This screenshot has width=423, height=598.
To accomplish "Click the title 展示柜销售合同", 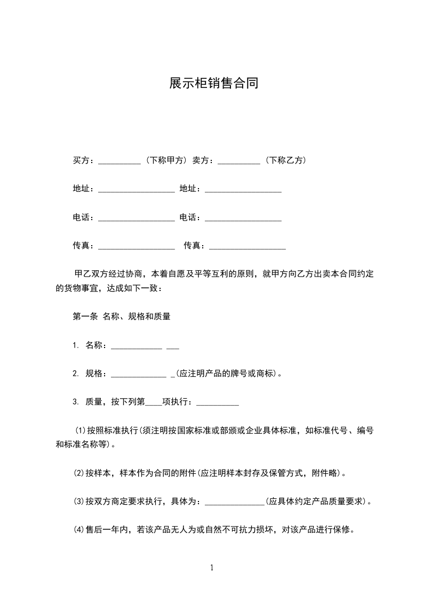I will [x=213, y=83].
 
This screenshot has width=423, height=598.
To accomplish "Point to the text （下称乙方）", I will [x=285, y=160].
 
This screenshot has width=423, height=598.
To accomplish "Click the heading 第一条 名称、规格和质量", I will [x=121, y=316].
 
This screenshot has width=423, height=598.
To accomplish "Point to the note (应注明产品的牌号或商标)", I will [x=227, y=374].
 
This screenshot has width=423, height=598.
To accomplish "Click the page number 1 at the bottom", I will [x=212, y=568].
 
